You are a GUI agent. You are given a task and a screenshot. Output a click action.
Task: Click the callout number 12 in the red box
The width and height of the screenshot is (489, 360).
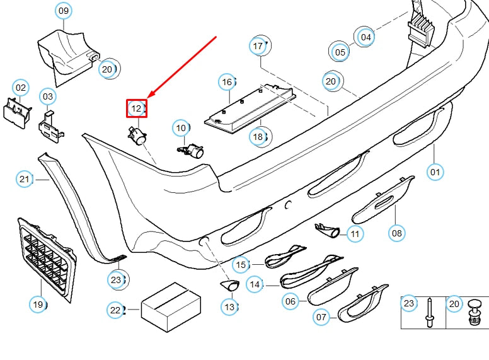137,108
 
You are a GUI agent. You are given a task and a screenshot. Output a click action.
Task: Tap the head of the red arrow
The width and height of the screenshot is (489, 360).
149,98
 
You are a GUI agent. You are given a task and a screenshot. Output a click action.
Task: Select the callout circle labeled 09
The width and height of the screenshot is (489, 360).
63,11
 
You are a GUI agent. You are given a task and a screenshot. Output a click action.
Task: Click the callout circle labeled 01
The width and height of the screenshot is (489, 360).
435,171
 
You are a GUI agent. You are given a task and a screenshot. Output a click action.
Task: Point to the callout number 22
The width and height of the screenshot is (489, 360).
115,310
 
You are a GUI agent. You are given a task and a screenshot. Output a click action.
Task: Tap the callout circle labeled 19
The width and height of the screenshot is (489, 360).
38,305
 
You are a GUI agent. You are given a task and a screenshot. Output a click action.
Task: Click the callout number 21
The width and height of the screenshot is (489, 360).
24,180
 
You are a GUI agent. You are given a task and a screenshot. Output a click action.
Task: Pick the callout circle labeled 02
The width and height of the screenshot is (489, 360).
21,88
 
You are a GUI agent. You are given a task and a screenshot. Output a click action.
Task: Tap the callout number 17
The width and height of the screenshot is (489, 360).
258,46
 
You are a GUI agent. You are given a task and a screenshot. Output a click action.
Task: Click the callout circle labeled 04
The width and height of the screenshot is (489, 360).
366,37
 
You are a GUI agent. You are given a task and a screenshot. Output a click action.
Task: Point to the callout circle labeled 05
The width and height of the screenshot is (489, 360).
340,52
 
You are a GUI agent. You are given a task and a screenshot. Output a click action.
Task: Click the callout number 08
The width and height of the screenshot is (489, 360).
396,233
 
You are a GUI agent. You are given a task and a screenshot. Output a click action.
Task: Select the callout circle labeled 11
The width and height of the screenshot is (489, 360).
355,234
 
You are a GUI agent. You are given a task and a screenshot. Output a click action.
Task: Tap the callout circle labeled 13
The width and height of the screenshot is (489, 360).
229,307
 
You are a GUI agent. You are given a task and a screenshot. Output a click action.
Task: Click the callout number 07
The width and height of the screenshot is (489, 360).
321,316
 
